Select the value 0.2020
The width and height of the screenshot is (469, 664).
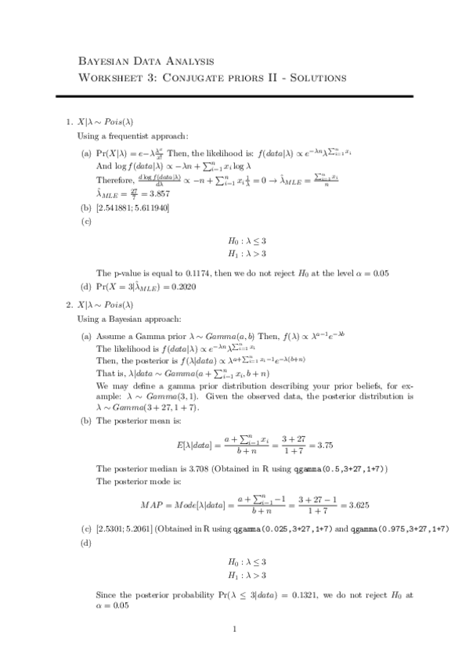pos(181,287)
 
